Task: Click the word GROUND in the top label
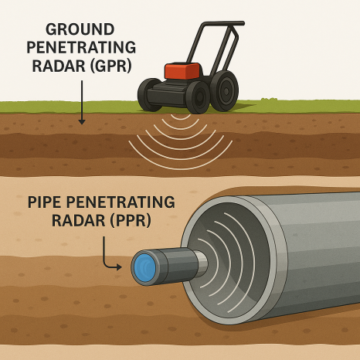[x=80, y=29]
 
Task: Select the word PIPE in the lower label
[x=45, y=202]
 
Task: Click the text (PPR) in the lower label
[x=131, y=221]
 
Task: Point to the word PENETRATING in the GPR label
[x=81, y=48]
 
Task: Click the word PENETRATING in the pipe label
[x=121, y=202]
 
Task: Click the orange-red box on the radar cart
[x=182, y=71]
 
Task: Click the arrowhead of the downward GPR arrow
[x=82, y=122]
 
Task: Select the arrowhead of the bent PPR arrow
[x=119, y=267]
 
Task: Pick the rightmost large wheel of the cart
[x=224, y=90]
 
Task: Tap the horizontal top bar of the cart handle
[x=223, y=24]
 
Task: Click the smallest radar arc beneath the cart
[x=181, y=118]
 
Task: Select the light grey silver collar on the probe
[x=202, y=263]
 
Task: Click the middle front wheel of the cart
[x=198, y=97]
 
